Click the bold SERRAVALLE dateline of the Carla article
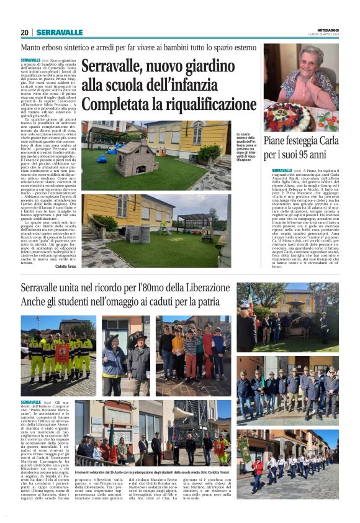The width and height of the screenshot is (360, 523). (282, 170)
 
